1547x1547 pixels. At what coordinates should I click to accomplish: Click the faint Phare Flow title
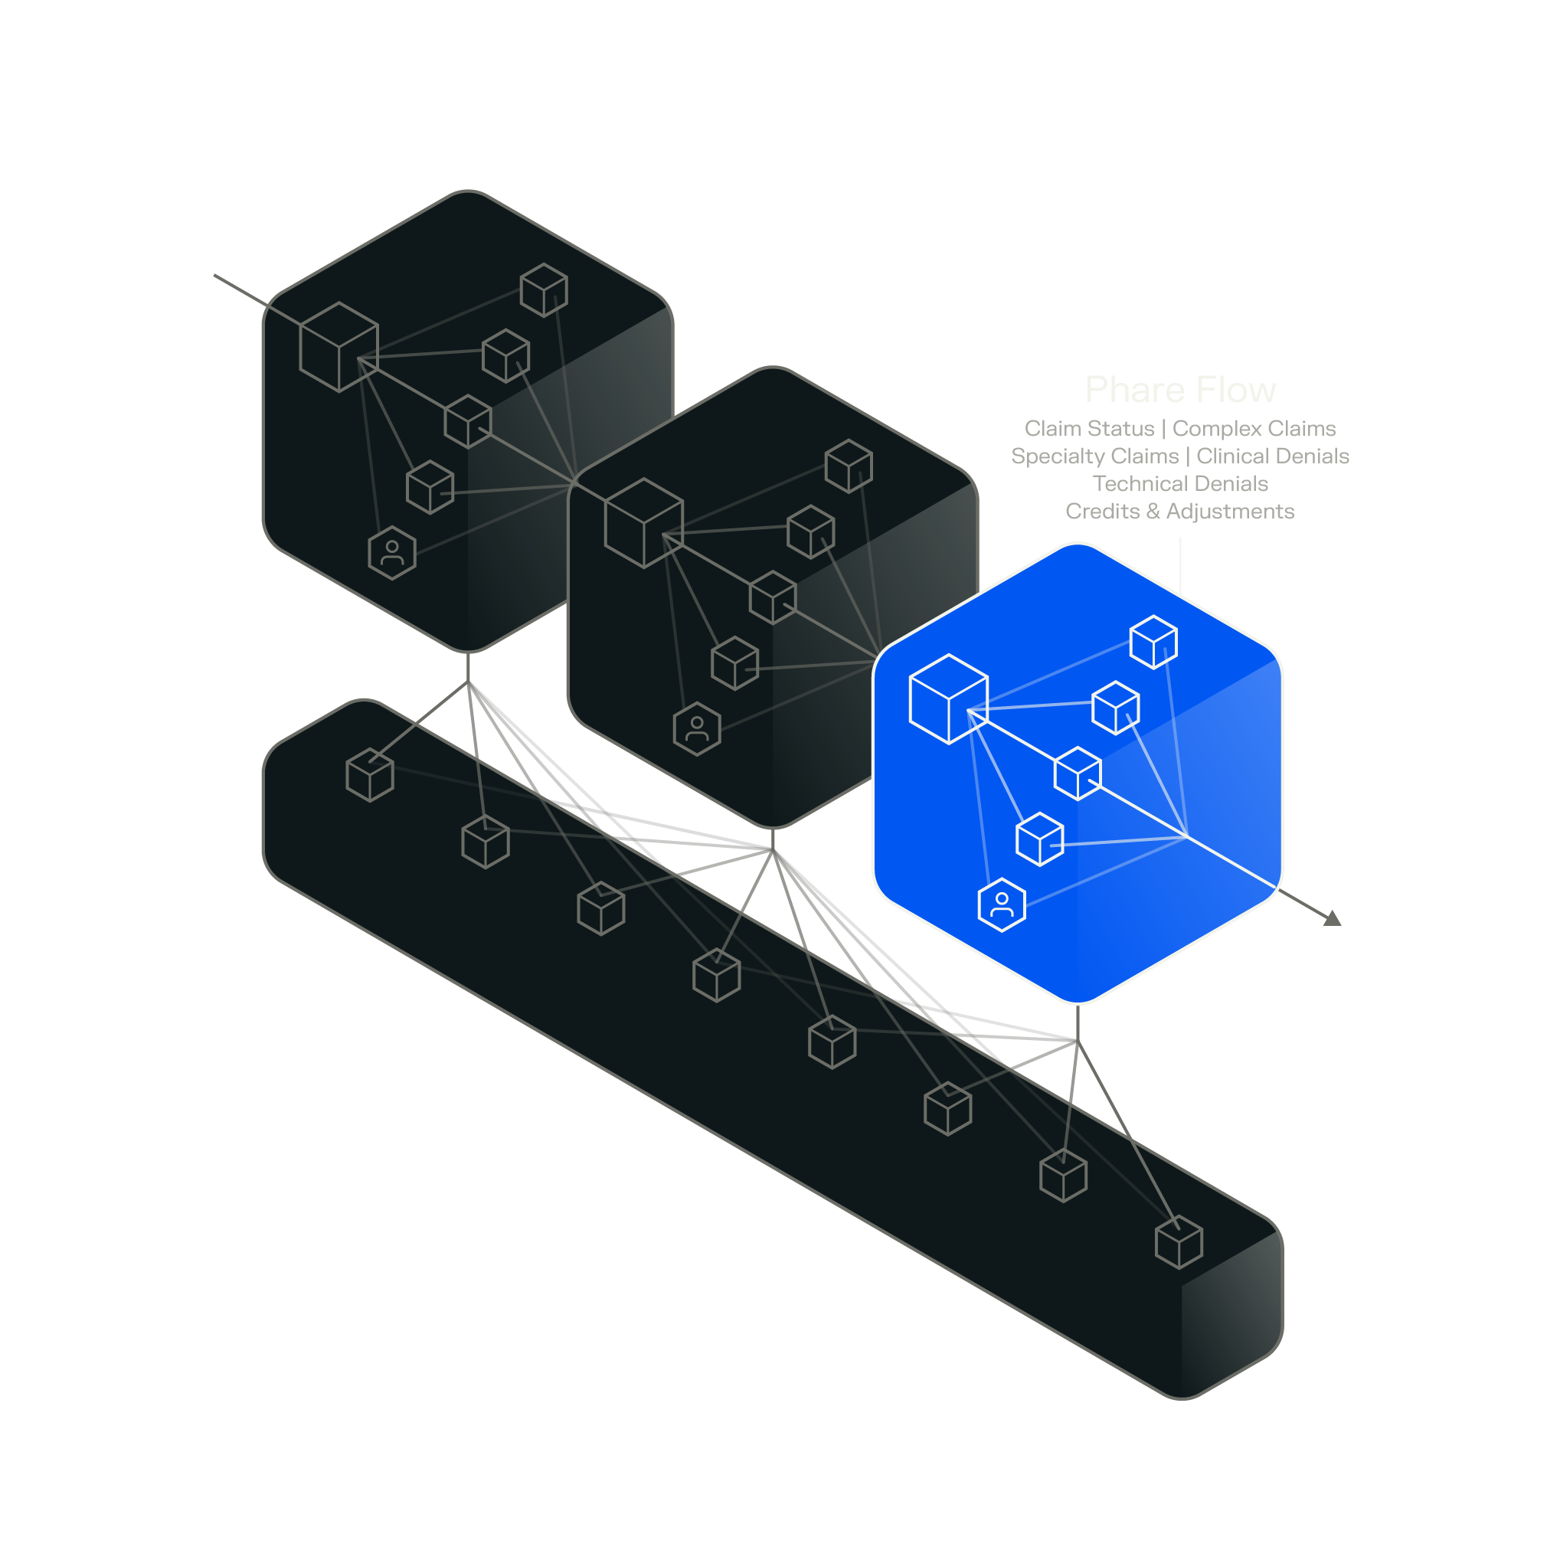pos(1180,390)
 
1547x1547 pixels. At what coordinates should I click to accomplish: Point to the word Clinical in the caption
pos(1232,456)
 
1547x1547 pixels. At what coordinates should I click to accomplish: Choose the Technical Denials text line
pos(1180,484)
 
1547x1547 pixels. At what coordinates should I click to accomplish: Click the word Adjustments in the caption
pos(1230,511)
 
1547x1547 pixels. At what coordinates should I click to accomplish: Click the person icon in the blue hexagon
pos(1002,904)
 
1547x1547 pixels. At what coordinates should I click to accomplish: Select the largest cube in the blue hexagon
pos(949,699)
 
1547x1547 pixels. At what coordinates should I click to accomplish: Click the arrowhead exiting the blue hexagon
pos(1333,919)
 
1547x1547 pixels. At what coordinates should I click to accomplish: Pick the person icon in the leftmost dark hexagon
pos(392,552)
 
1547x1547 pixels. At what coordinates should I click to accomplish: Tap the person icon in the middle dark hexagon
pos(698,728)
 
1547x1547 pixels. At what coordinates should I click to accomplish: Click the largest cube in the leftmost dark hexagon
pos(339,347)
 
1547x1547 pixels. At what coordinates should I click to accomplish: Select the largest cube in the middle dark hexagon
pos(644,523)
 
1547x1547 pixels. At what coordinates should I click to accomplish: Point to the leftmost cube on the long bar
pos(370,774)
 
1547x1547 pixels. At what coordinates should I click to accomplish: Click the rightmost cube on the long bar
pos(1179,1242)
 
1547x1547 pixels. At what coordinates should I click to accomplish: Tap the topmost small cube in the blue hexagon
pos(1153,641)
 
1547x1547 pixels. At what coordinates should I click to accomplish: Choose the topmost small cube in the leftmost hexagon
pos(544,289)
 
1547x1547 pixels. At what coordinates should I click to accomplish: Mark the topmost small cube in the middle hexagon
pos(849,466)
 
